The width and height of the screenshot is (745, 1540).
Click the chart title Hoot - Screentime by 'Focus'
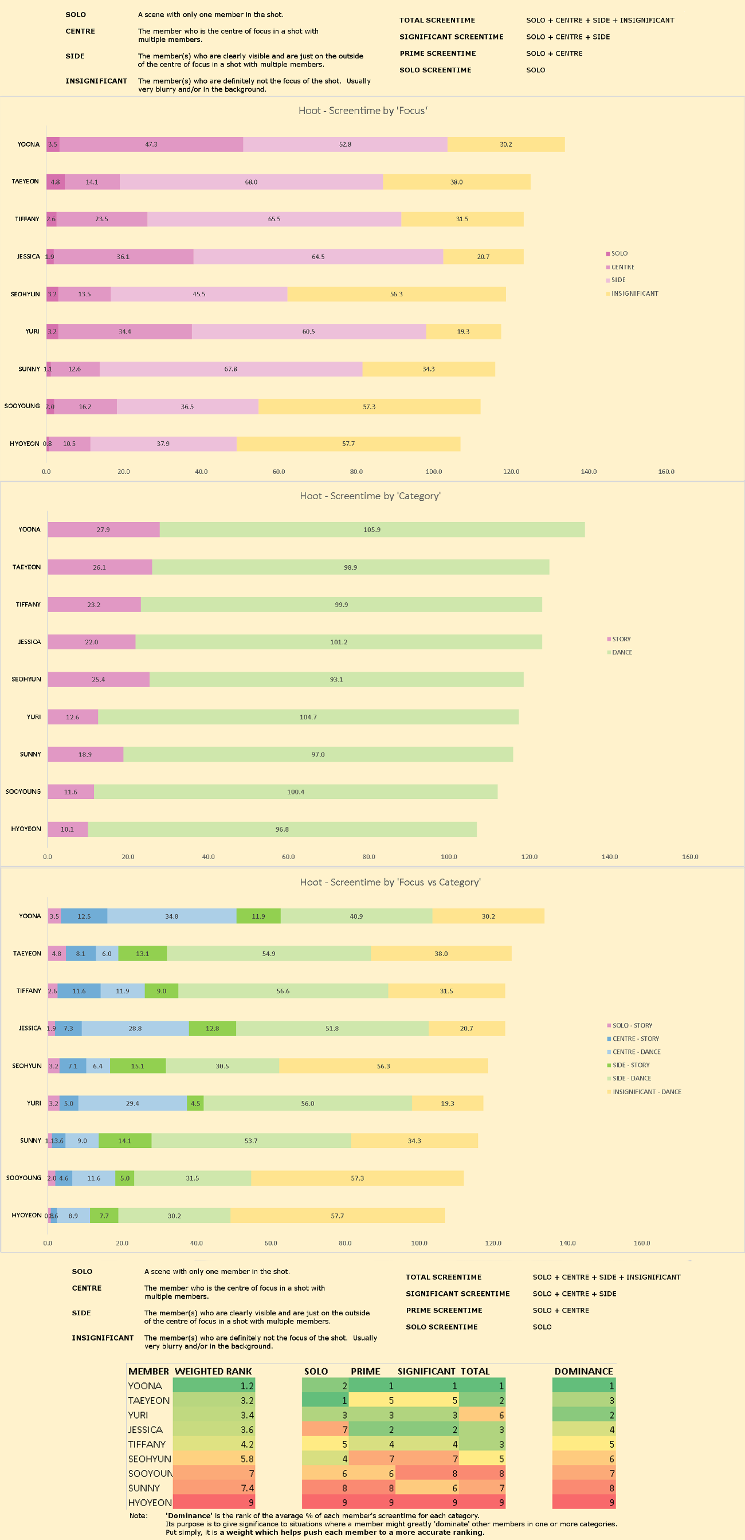363,111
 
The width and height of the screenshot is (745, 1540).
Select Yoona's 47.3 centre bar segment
151,144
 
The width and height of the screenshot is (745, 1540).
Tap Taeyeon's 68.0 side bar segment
251,182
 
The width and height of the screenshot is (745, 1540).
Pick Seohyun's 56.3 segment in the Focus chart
397,294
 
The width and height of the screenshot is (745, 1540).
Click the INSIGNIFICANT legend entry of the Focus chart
634,293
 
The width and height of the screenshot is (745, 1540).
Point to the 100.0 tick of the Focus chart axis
433,472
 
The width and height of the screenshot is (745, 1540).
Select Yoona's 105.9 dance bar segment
372,530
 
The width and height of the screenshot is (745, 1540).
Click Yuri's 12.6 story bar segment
72,717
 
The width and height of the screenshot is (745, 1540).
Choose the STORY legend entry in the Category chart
621,639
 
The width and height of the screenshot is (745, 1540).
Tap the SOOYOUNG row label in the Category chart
23,791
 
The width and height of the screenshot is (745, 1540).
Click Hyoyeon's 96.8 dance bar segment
282,829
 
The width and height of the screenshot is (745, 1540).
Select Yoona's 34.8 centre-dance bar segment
171,916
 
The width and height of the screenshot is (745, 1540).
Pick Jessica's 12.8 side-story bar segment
212,1028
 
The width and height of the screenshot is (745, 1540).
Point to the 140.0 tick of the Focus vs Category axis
567,1243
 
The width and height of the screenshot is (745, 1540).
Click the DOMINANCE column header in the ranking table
583,1371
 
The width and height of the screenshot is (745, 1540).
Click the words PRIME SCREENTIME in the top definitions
438,53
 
